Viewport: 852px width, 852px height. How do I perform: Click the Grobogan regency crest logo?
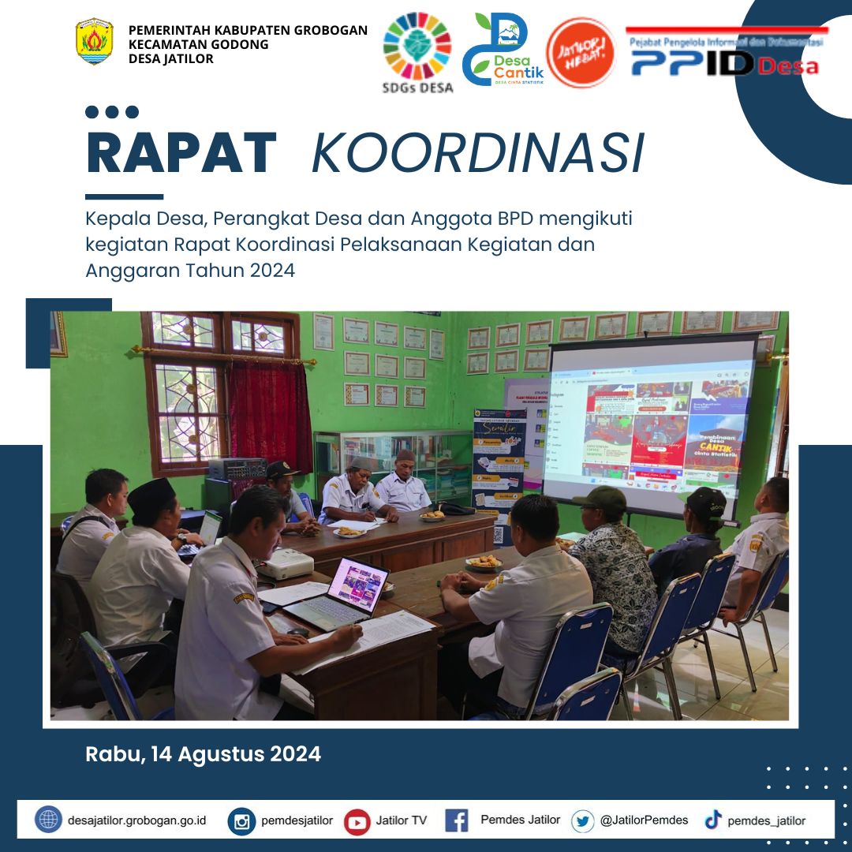pyautogui.click(x=95, y=42)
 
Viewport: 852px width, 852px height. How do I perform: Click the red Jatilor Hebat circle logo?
pyautogui.click(x=581, y=53)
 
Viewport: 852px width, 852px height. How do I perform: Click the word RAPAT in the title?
pyautogui.click(x=181, y=153)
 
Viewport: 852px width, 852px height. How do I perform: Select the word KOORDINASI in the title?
pyautogui.click(x=477, y=153)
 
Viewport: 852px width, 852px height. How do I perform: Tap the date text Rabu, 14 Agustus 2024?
pyautogui.click(x=203, y=754)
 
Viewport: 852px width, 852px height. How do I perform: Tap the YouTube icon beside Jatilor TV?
pyautogui.click(x=357, y=821)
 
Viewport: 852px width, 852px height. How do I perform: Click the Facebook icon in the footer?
pyautogui.click(x=457, y=820)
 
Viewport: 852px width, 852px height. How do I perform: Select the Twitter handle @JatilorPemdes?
pyautogui.click(x=644, y=820)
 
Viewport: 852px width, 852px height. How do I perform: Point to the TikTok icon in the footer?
pyautogui.click(x=713, y=820)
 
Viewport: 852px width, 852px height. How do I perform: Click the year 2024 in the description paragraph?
pyautogui.click(x=271, y=271)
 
